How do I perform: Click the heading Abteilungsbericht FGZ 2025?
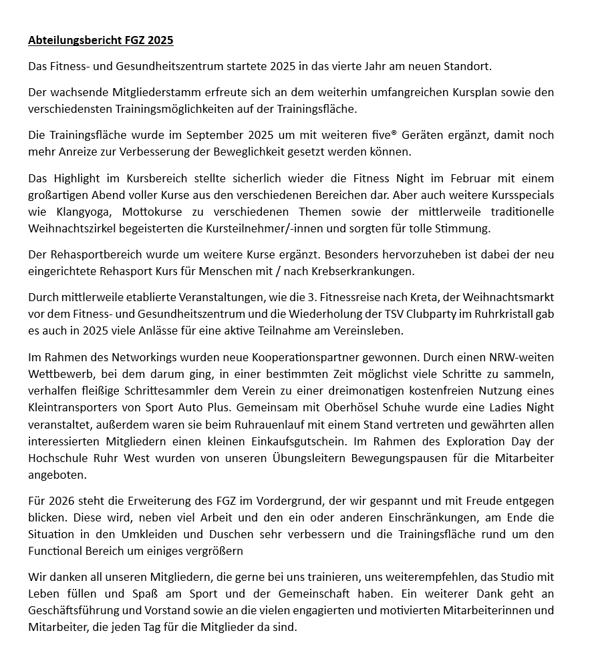[100, 40]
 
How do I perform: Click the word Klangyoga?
[79, 211]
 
